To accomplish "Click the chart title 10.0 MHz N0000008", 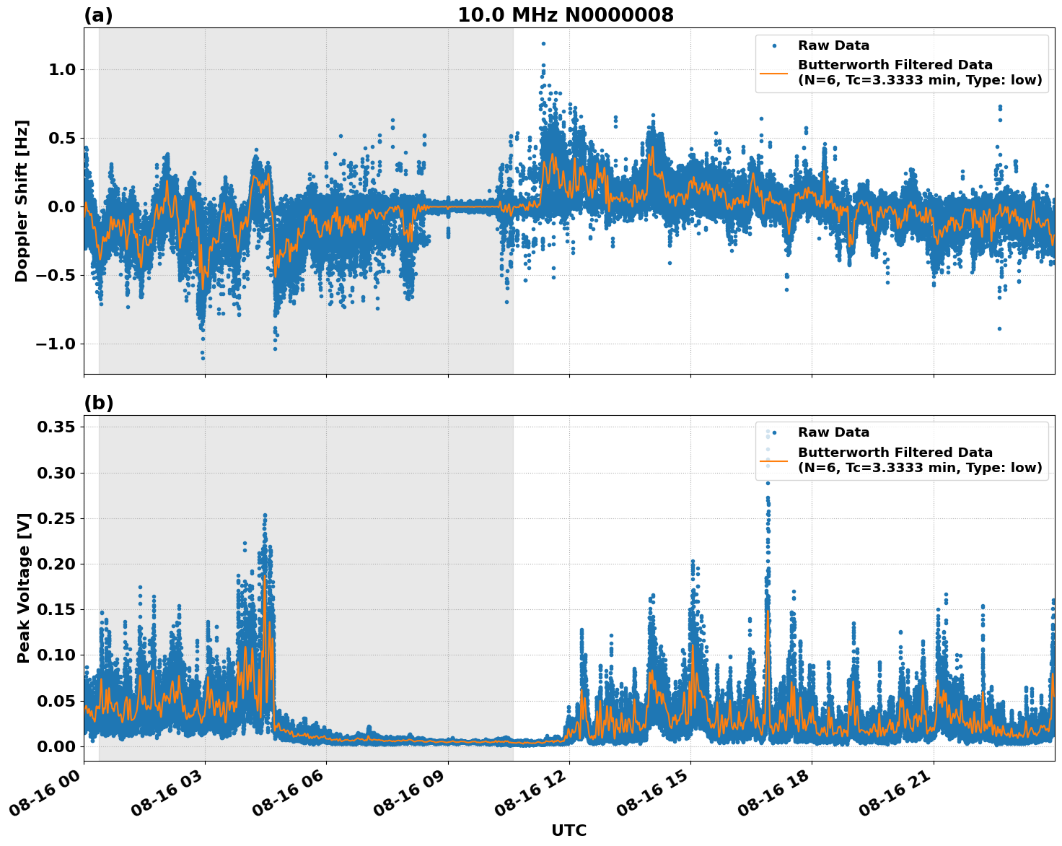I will [x=565, y=15].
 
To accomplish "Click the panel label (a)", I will [x=98, y=15].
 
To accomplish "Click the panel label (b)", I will [x=98, y=403].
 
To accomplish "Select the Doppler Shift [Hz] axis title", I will [x=22, y=201].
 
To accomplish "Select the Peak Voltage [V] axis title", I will [x=24, y=588].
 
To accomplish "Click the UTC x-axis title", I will [x=569, y=830].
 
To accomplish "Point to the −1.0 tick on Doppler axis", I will [x=56, y=344].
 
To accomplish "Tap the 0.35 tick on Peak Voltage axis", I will [x=56, y=427].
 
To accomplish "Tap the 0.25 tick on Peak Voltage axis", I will [x=56, y=518].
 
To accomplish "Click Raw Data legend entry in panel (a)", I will [x=833, y=45].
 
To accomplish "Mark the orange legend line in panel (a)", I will [x=773, y=72].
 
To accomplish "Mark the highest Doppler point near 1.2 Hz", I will [x=543, y=43].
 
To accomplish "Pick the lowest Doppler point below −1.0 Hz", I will [x=203, y=358].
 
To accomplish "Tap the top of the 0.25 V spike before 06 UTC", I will [x=265, y=515].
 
